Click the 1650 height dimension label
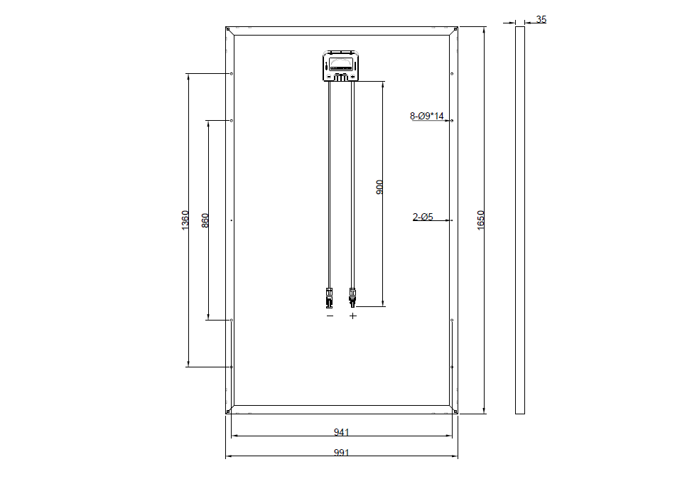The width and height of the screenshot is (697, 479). click(480, 220)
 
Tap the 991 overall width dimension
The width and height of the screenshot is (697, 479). click(341, 453)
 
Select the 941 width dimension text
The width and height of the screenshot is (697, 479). click(341, 432)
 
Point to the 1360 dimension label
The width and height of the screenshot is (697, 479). click(185, 220)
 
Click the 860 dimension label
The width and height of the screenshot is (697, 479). click(205, 220)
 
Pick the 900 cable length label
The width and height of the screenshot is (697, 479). click(379, 187)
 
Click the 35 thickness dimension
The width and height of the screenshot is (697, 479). click(541, 19)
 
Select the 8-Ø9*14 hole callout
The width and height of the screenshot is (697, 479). click(427, 116)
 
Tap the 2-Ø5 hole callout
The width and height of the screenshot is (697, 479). click(423, 217)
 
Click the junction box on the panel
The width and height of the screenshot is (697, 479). click(341, 66)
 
